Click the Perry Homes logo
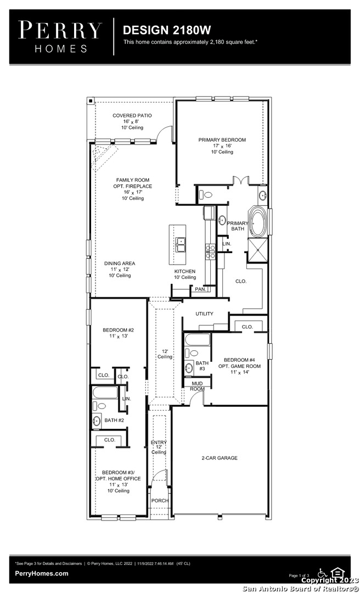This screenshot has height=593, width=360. point(60,37)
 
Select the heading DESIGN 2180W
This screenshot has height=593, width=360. point(167,30)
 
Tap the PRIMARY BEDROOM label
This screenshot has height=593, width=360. point(222,140)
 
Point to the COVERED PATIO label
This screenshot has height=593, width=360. point(132,115)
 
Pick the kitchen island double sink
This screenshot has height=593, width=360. point(181,245)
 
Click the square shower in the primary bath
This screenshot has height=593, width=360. point(257,250)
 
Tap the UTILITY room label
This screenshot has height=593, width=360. point(205,314)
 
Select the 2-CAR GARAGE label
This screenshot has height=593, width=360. point(220,458)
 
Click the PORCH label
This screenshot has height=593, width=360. point(160,500)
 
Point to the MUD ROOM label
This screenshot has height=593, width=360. point(197,386)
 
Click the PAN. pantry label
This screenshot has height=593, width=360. point(200,289)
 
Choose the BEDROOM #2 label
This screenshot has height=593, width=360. point(118,330)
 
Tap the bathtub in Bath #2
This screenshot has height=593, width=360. point(105,393)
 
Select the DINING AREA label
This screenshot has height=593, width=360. point(120,263)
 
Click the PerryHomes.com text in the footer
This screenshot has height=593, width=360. point(42,573)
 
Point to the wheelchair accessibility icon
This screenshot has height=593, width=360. point(322,573)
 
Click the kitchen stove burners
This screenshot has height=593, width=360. point(210,251)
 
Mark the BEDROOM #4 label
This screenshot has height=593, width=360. point(239,360)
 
